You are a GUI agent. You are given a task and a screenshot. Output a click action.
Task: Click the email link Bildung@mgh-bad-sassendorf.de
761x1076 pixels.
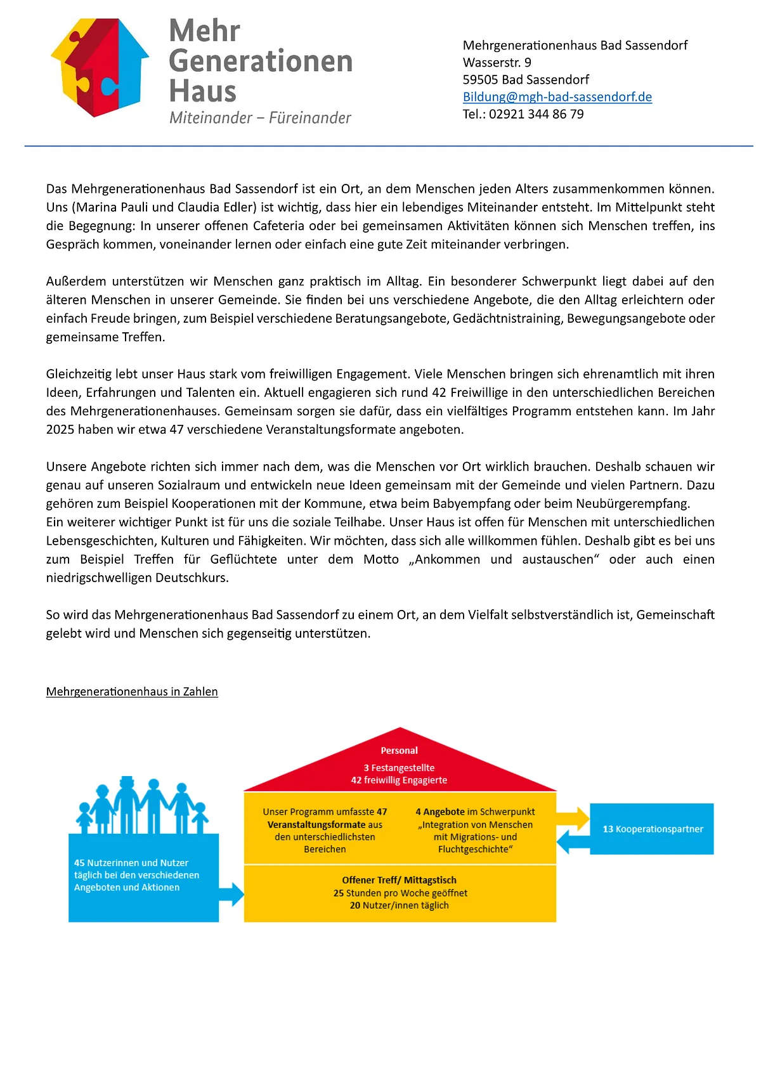coord(557,97)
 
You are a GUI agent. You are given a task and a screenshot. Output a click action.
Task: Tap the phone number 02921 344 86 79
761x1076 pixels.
coord(536,114)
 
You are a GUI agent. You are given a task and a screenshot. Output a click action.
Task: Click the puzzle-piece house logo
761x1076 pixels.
coord(100,67)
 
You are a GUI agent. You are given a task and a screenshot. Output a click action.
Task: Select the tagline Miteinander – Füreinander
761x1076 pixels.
coord(260,118)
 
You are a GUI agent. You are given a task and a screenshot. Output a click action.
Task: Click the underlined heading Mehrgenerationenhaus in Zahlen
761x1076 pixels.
coord(132,692)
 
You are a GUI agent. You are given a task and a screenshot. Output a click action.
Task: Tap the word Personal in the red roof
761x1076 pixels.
coord(399,751)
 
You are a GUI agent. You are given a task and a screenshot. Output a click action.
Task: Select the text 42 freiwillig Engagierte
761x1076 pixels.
coord(399,781)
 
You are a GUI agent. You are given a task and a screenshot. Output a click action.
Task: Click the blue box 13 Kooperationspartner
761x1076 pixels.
coord(652,829)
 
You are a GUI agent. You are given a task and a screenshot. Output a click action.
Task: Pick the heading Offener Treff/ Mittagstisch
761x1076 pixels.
coord(399,880)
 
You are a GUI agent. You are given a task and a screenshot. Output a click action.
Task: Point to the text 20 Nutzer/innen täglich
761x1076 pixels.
coord(399,905)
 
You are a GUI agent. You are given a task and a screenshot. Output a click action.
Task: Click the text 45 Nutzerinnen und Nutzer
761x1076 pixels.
coord(131,863)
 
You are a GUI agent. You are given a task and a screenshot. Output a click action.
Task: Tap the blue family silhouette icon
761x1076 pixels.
coord(143,805)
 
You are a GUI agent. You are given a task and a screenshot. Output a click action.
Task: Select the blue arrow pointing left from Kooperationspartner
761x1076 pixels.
coord(573,842)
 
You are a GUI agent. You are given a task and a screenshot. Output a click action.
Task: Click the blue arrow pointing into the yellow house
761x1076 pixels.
coord(231,894)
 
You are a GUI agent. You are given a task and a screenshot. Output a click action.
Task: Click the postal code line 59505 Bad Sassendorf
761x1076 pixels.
coord(526,80)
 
